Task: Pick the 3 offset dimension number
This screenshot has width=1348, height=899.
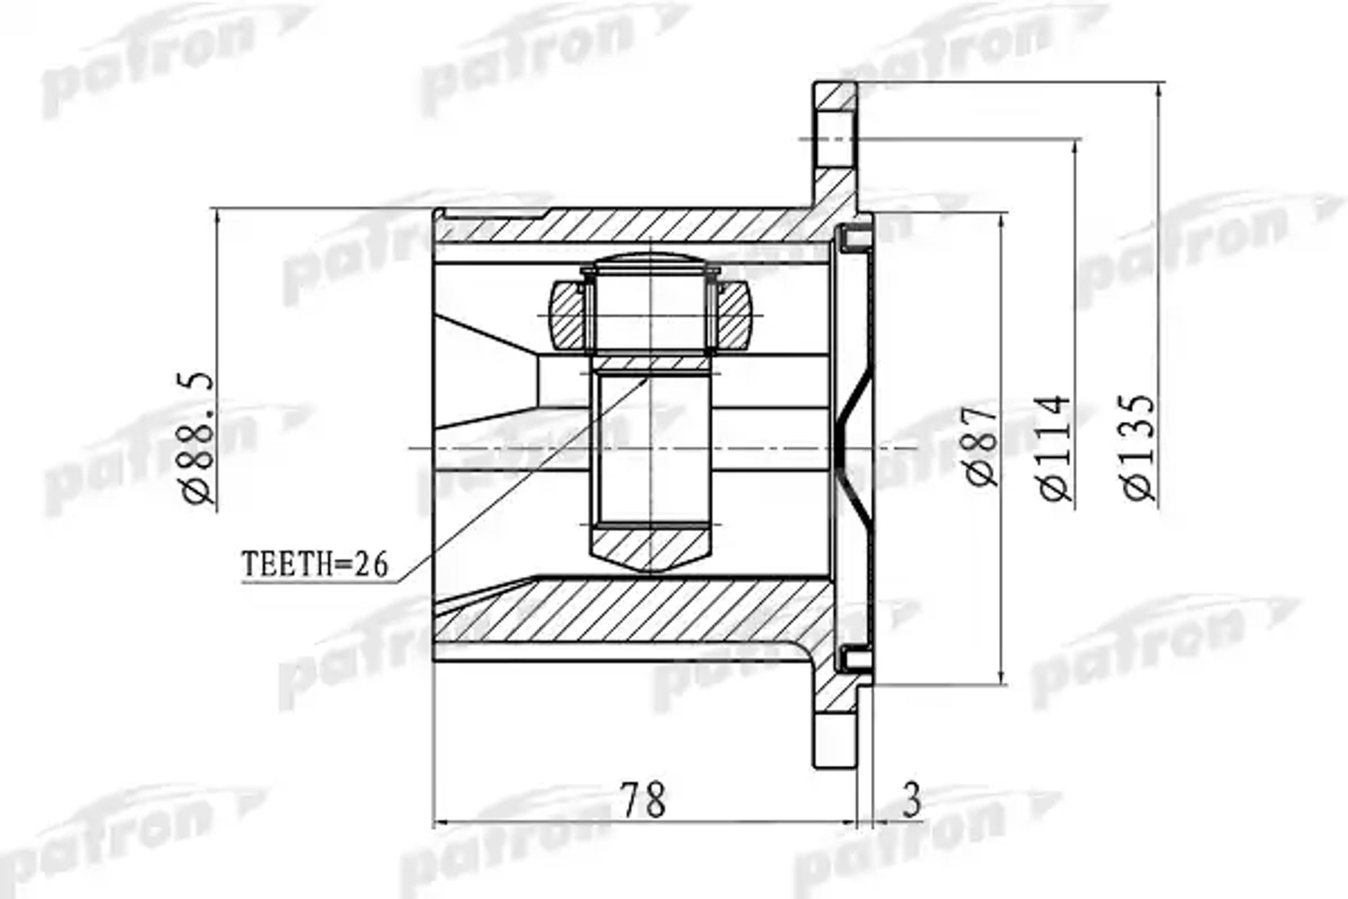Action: (x=911, y=800)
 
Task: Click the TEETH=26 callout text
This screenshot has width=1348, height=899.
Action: (x=315, y=564)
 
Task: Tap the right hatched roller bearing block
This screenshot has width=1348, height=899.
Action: (x=734, y=315)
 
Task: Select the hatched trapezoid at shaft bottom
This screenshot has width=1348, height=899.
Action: (x=651, y=550)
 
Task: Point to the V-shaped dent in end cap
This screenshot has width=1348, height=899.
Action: (x=854, y=447)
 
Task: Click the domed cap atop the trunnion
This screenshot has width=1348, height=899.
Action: (x=651, y=261)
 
